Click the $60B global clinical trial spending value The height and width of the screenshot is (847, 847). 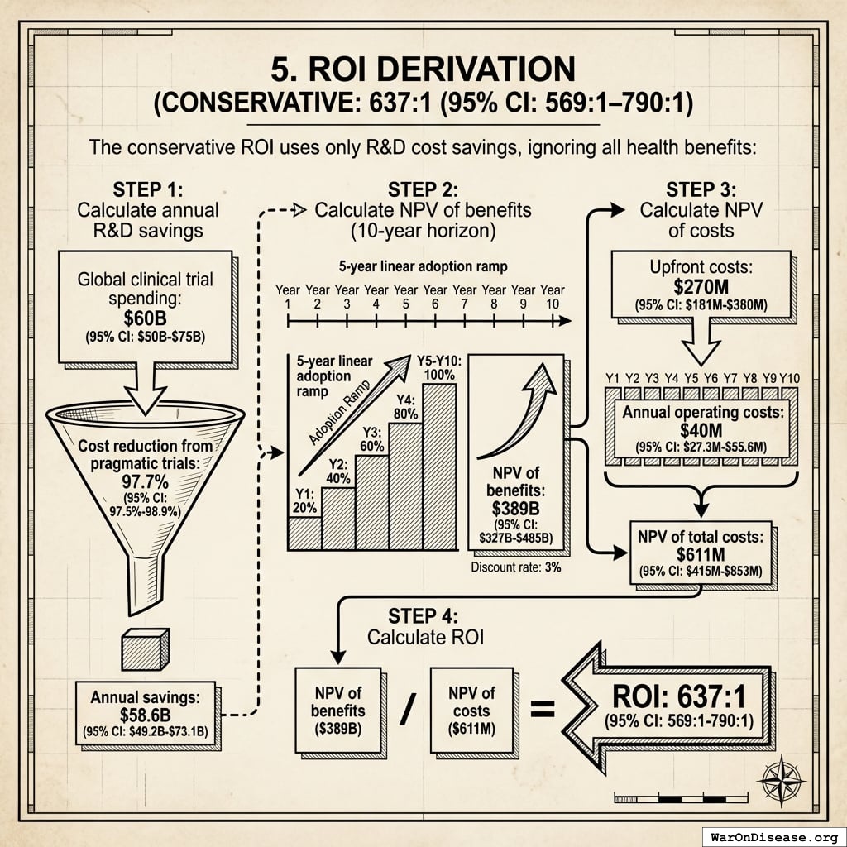pyautogui.click(x=145, y=318)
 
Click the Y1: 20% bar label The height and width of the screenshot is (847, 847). pyautogui.click(x=304, y=502)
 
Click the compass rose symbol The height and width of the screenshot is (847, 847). pyautogui.click(x=781, y=778)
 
